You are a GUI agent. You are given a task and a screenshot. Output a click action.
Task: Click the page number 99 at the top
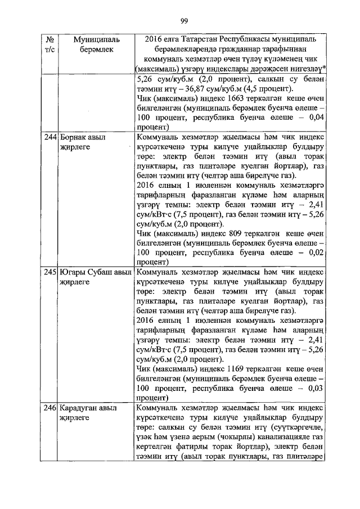click(x=183, y=21)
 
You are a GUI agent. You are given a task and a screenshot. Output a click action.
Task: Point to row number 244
click(x=50, y=137)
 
